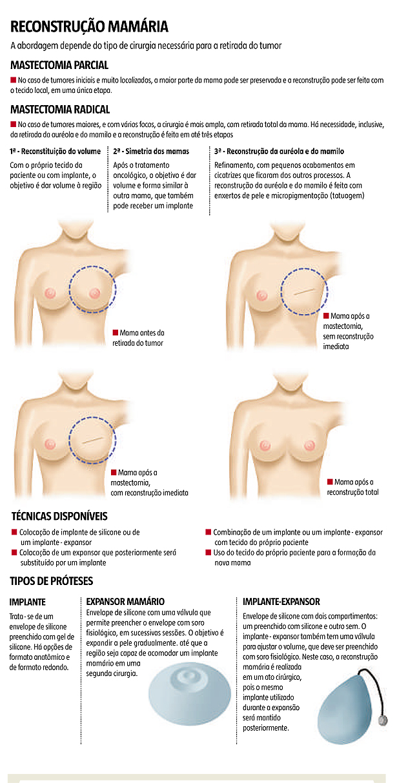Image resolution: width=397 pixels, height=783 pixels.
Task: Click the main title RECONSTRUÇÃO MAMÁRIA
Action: [x=89, y=26]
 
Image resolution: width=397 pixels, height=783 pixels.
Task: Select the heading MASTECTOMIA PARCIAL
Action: [x=59, y=65]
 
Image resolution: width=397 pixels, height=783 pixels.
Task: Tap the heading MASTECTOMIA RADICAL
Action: [x=60, y=110]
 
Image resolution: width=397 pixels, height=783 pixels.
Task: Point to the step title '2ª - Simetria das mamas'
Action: [x=151, y=152]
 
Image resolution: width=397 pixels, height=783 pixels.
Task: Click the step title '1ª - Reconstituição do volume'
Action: [x=56, y=152]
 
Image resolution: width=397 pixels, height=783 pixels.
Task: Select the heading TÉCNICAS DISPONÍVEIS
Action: [x=59, y=516]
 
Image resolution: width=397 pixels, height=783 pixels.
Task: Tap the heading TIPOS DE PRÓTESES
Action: [x=52, y=581]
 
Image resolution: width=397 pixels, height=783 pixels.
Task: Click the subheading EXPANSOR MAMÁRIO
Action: [x=125, y=602]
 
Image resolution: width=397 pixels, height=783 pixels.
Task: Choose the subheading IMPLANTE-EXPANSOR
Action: [x=281, y=602]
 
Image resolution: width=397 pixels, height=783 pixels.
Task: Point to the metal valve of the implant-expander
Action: [x=383, y=720]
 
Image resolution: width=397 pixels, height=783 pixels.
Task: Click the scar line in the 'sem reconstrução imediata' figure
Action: [x=307, y=291]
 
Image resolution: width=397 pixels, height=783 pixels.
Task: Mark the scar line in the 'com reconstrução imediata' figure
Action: [x=94, y=440]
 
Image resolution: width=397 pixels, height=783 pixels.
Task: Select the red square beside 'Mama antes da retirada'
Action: [x=115, y=332]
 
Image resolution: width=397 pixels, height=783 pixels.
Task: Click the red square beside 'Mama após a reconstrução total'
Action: [x=330, y=482]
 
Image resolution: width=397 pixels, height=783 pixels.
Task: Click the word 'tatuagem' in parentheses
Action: [x=347, y=196]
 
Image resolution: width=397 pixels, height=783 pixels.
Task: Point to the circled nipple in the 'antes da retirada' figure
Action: [x=94, y=293]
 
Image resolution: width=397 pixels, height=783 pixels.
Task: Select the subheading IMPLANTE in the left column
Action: [x=27, y=602]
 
